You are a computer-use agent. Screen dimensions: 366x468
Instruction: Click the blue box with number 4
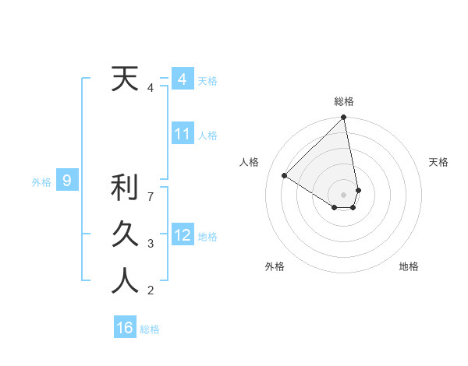click(182, 79)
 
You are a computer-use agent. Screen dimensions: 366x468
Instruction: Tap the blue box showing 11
click(182, 134)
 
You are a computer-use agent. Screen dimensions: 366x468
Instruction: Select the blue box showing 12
click(182, 234)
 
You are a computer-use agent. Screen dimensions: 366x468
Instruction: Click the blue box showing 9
click(67, 181)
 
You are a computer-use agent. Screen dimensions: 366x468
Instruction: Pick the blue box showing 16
click(125, 328)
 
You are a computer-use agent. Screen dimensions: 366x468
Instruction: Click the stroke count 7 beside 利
click(151, 197)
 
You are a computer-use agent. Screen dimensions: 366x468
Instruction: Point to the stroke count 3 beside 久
click(151, 244)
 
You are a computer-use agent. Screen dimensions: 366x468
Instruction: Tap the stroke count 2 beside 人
click(151, 290)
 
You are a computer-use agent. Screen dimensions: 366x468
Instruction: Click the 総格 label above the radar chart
click(344, 101)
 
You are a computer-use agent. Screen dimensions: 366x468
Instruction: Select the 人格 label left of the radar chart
click(250, 162)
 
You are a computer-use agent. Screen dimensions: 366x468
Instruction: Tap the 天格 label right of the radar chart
click(439, 162)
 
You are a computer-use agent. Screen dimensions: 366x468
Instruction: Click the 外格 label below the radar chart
click(275, 266)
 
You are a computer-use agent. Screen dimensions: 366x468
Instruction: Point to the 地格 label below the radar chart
click(409, 266)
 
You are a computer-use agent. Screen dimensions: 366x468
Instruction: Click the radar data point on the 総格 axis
click(344, 118)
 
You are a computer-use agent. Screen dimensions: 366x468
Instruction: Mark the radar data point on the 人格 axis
click(285, 175)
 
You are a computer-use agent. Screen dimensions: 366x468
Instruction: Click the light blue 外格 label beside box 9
click(41, 182)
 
